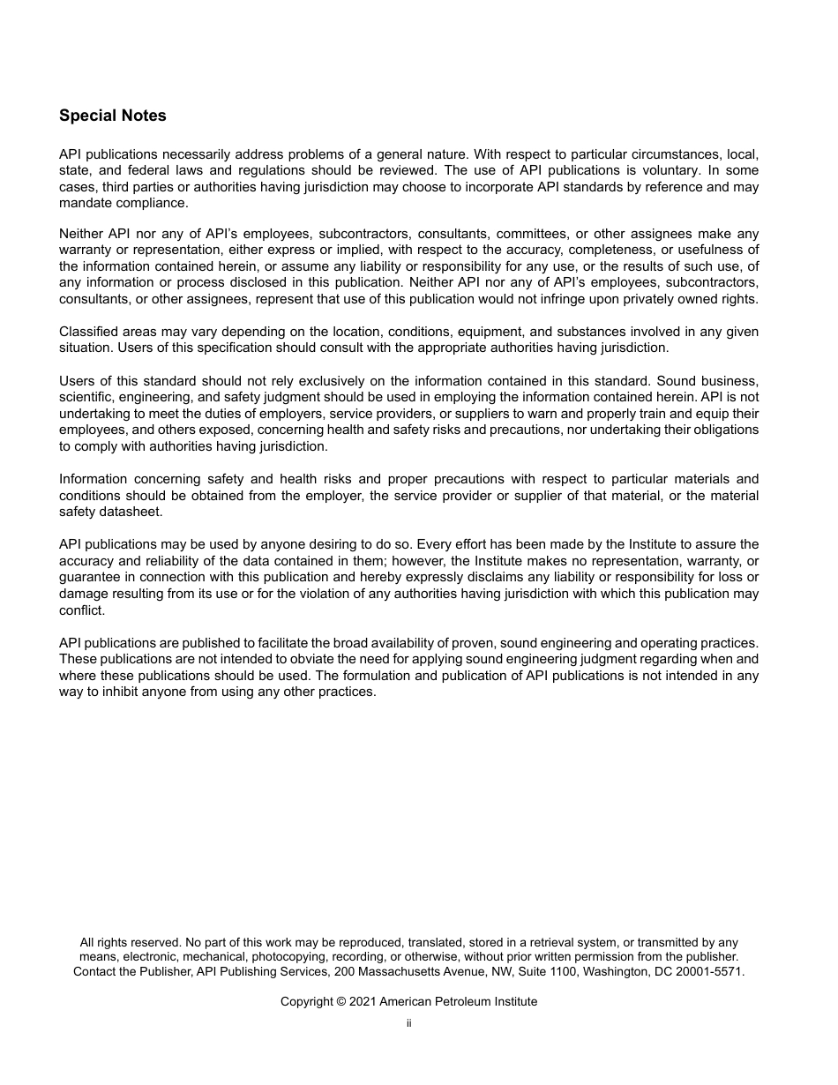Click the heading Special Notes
(x=112, y=116)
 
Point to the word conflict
(x=81, y=610)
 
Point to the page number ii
(x=409, y=1023)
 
